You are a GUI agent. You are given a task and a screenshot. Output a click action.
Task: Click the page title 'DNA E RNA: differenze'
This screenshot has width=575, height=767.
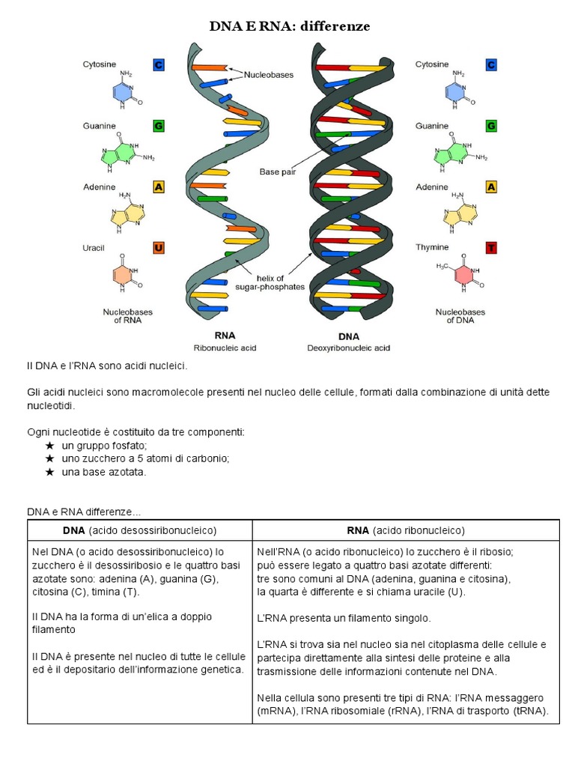click(289, 27)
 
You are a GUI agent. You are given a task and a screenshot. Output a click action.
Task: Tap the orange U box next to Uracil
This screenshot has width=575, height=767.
click(158, 248)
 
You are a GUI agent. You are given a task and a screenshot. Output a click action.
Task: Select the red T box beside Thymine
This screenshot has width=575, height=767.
click(491, 248)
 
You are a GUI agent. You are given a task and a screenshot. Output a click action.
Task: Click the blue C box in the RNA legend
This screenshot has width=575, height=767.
click(158, 65)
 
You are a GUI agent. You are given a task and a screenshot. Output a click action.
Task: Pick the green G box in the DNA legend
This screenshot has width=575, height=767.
click(491, 126)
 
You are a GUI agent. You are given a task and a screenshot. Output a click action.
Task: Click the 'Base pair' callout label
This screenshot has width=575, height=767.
click(277, 172)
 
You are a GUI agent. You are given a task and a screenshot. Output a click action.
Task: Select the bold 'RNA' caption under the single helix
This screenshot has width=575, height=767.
click(225, 336)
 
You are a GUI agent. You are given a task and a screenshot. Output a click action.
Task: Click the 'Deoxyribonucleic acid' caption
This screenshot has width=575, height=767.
click(348, 348)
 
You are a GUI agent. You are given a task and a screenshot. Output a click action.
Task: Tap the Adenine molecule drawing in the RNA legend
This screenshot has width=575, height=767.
click(126, 213)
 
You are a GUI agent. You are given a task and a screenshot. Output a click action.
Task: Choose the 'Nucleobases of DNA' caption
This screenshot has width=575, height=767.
click(460, 315)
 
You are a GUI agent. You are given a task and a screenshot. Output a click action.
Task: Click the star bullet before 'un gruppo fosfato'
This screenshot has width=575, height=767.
click(50, 446)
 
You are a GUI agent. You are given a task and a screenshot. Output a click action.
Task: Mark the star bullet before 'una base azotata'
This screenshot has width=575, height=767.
click(50, 473)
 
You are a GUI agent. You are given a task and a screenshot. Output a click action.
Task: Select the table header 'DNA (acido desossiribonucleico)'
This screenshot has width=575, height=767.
click(139, 530)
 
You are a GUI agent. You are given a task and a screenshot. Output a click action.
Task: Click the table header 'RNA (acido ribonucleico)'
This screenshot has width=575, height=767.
click(406, 530)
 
